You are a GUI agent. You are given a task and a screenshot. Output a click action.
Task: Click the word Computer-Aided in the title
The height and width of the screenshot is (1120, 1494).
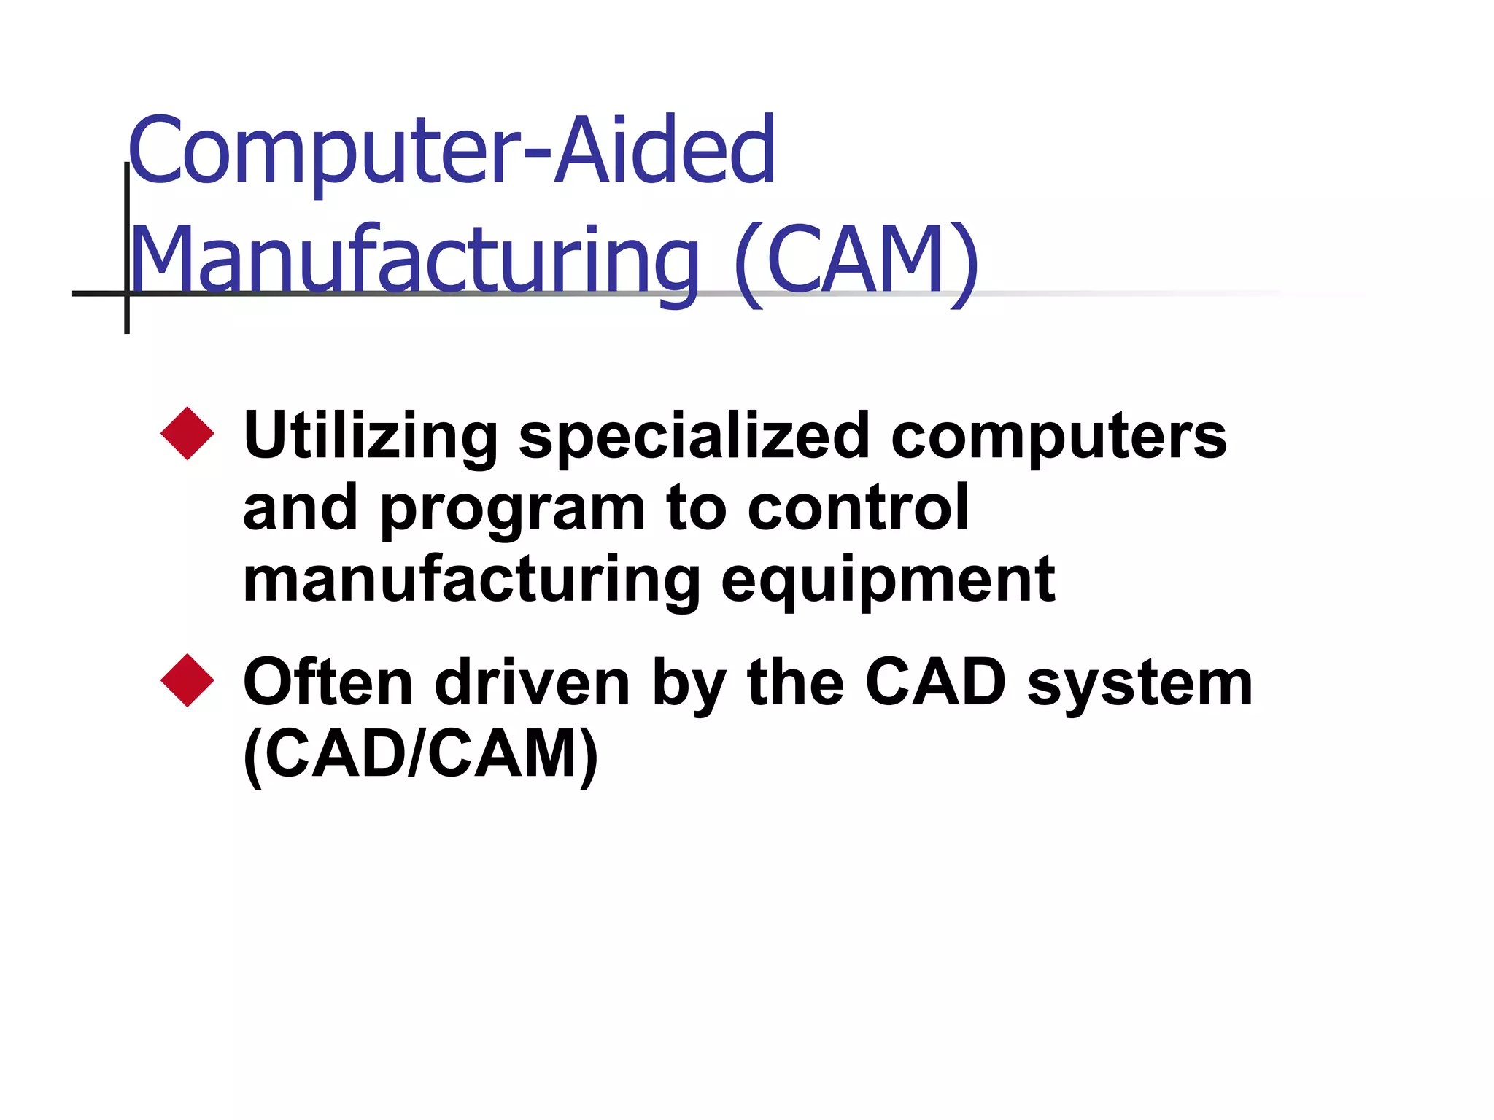(x=452, y=150)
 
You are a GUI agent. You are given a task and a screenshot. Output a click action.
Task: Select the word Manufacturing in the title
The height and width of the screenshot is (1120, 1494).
(x=414, y=261)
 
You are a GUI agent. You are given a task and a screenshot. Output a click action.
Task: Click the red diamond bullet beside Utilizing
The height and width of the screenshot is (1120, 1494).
(x=187, y=434)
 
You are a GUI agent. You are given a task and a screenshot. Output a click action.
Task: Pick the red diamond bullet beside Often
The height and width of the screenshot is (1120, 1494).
(x=187, y=680)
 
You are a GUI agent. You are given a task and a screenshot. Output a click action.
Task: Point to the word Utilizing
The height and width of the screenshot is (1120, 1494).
(x=371, y=436)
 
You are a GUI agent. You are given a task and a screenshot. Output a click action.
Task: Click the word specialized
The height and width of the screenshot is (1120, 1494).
(x=694, y=436)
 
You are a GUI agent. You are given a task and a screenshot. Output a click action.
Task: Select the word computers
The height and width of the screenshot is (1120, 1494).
(x=1058, y=436)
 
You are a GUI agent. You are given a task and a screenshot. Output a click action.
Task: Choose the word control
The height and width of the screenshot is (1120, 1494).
(x=859, y=507)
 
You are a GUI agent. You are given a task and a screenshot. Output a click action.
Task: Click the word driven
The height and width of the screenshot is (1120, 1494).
(x=533, y=682)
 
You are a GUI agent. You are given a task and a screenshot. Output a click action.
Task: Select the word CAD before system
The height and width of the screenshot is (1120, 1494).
(x=936, y=682)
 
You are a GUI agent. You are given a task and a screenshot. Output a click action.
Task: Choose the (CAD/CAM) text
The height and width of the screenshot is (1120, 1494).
(x=421, y=755)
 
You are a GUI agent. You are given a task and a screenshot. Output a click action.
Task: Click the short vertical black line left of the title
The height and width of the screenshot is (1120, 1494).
(x=127, y=248)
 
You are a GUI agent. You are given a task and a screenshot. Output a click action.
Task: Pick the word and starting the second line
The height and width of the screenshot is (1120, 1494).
(x=301, y=507)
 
